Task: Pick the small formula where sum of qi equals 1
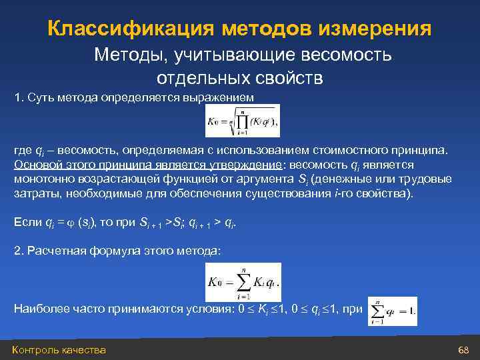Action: (392, 311)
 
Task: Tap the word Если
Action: (25, 221)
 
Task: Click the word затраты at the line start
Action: (34, 194)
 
